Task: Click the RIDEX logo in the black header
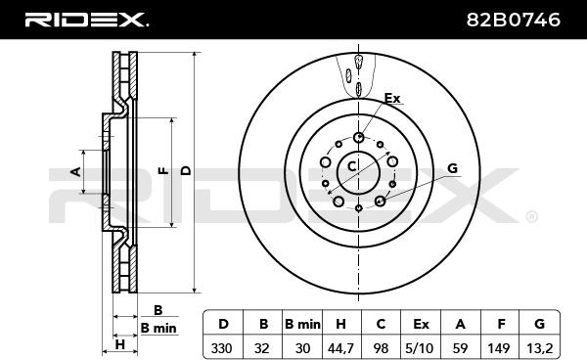pos(86,20)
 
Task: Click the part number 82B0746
pos(514,20)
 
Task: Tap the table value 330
pos(222,348)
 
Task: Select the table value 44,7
pos(340,348)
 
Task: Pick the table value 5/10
pos(420,348)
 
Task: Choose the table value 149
pos(499,348)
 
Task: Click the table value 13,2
pos(539,348)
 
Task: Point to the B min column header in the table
pos(302,324)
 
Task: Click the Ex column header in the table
pos(421,324)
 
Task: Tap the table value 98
pos(381,348)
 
